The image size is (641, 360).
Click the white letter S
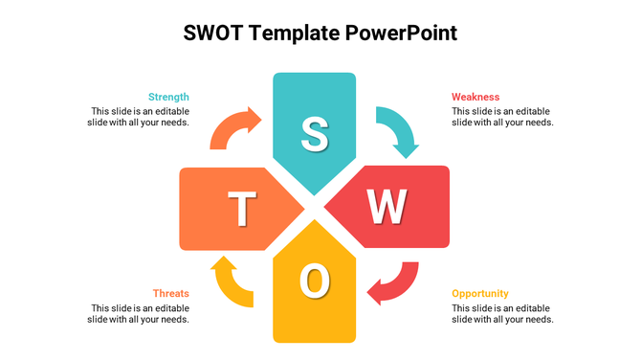(314, 134)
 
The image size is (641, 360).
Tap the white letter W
(387, 206)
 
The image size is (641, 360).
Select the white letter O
(314, 280)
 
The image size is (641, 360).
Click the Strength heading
(168, 97)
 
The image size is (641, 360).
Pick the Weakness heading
(475, 97)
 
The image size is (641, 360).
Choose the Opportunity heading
(480, 293)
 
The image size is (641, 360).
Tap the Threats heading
(171, 293)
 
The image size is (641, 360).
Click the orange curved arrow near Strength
(234, 127)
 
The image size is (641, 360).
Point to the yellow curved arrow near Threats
(232, 282)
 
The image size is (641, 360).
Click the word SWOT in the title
(214, 34)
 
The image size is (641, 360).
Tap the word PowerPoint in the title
(402, 34)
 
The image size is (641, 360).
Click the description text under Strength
(140, 116)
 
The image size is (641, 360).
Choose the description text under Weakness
(502, 116)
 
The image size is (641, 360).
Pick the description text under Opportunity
(502, 313)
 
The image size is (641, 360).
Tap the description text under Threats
(140, 313)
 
